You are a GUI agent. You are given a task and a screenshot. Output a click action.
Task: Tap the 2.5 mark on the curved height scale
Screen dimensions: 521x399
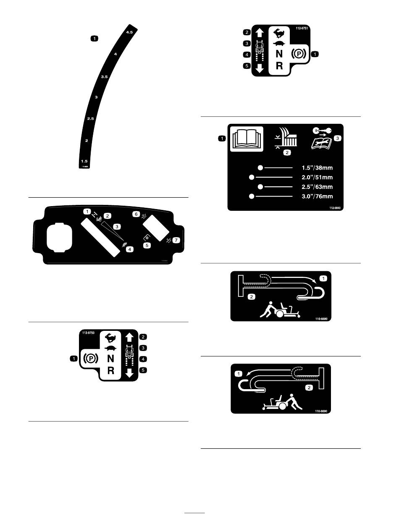[x=90, y=119]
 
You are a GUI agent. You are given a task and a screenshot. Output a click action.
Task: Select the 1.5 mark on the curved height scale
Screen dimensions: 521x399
[x=84, y=161]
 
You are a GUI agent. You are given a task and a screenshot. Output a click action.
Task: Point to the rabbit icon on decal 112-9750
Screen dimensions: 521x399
[x=110, y=337]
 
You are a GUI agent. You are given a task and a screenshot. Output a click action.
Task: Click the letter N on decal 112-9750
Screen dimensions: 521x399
[x=110, y=359]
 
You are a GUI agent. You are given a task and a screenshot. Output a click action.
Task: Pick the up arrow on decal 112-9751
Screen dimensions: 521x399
[x=260, y=32]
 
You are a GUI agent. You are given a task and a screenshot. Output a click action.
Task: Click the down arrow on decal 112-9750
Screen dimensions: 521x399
[x=130, y=371]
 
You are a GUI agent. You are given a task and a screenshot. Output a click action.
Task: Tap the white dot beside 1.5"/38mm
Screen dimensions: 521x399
[x=260, y=168]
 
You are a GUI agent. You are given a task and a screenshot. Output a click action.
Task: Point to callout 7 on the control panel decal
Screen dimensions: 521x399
[x=176, y=240]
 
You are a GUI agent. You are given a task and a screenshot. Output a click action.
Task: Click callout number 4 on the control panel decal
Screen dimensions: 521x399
[x=130, y=249]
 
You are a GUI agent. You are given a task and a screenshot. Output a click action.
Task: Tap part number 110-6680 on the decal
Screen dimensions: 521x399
[x=323, y=318]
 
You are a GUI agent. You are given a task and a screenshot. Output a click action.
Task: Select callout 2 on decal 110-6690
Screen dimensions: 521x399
[x=310, y=387]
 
